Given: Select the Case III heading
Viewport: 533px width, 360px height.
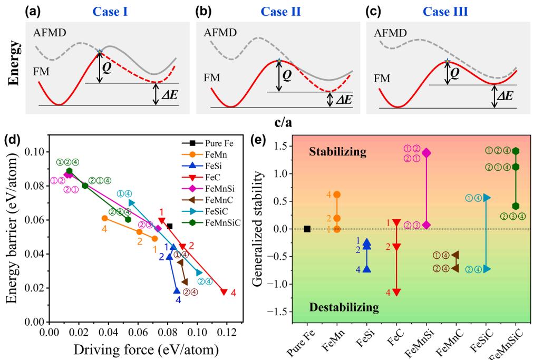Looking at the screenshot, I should pyautogui.click(x=451, y=10).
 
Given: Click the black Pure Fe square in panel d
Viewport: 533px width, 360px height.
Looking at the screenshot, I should pyautogui.click(x=170, y=226).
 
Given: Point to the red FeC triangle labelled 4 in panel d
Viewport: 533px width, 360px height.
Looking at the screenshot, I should pyautogui.click(x=224, y=291).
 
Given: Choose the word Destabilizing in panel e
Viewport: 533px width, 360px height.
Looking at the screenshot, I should pyautogui.click(x=344, y=307).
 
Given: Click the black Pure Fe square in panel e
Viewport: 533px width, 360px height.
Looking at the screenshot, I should pyautogui.click(x=307, y=229).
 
